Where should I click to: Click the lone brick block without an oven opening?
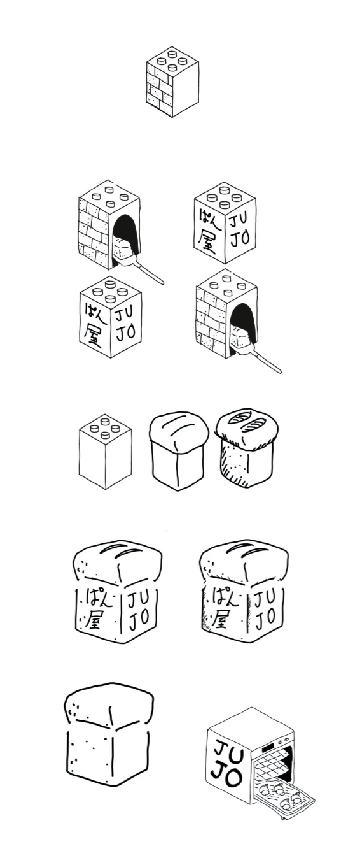(172, 82)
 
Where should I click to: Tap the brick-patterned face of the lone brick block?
(159, 90)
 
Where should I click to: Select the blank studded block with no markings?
(105, 451)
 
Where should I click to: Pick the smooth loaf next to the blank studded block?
(179, 451)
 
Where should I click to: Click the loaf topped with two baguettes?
(247, 447)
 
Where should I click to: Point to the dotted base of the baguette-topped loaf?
(247, 466)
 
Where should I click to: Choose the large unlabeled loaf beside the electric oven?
(109, 734)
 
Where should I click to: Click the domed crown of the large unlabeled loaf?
(109, 704)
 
